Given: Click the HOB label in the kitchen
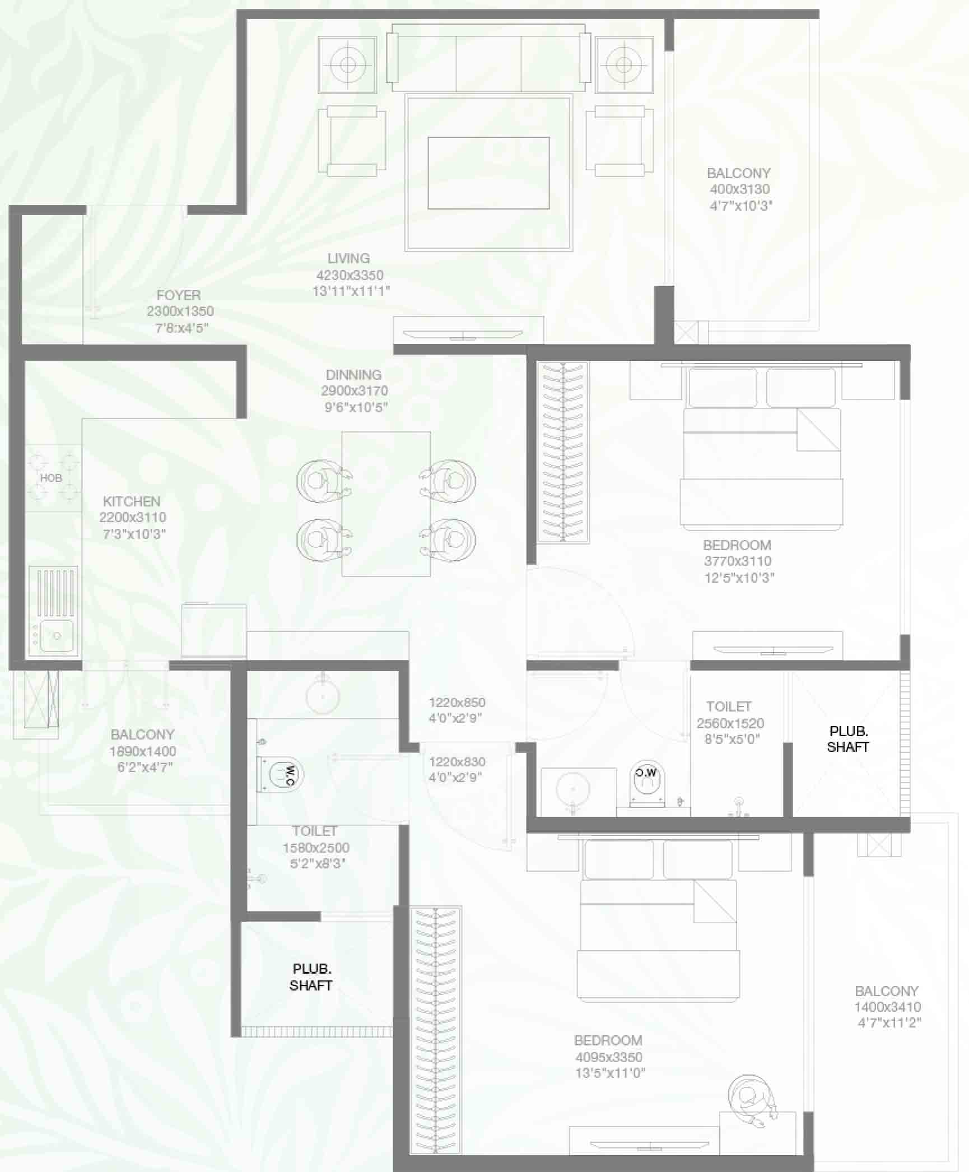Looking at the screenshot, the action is coord(51,478).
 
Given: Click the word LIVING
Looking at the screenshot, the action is coord(348,258).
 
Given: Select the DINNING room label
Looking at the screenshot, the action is coord(353,375).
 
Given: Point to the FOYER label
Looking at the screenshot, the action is coord(179,295).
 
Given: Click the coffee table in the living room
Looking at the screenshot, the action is coord(488,173).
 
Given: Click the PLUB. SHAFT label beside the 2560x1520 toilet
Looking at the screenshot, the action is coord(848,739).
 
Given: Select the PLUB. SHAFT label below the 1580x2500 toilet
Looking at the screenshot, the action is coord(311,977).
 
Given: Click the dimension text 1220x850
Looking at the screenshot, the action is coord(457,703).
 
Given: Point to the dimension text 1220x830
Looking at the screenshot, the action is coord(457,762).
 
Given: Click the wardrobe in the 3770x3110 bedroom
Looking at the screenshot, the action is coord(563,452).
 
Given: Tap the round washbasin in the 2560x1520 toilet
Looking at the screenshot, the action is coord(573,789).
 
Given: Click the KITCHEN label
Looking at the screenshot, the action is coord(132,501).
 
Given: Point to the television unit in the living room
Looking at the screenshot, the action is coord(468,331).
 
